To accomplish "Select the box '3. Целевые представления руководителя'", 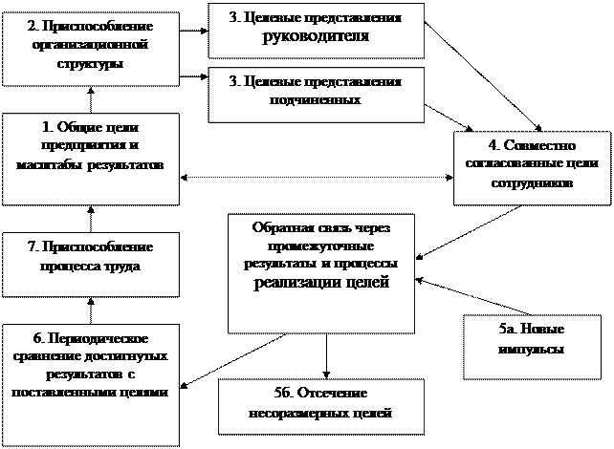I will [x=315, y=30].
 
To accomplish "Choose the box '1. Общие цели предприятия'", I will [x=91, y=158].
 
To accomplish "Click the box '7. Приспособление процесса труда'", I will [x=91, y=263].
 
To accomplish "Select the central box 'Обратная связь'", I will [x=321, y=273].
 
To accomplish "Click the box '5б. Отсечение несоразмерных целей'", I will [x=319, y=406].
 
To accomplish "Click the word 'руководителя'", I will [x=316, y=37].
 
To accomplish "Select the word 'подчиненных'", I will [x=315, y=99].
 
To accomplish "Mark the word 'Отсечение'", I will [x=333, y=394].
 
